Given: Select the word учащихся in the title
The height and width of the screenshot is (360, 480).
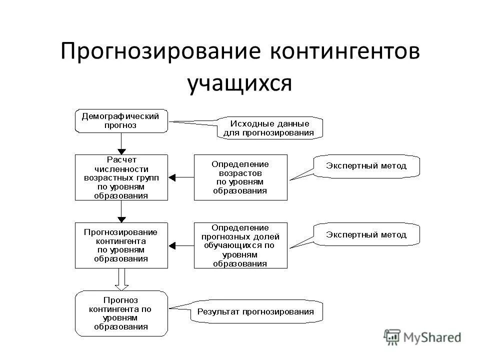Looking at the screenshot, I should pyautogui.click(x=239, y=82).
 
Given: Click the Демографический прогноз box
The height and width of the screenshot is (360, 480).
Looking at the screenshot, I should pyautogui.click(x=121, y=121).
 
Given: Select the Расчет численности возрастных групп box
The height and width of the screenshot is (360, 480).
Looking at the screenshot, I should pyautogui.click(x=121, y=177).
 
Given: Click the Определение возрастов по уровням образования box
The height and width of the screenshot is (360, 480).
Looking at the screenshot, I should pyautogui.click(x=240, y=177).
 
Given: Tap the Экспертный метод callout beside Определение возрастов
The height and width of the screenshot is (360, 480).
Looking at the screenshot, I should pyautogui.click(x=366, y=165).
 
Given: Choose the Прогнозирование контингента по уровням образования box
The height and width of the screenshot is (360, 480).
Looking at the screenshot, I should pyautogui.click(x=121, y=245).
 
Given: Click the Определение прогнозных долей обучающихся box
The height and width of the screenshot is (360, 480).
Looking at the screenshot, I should pyautogui.click(x=240, y=245).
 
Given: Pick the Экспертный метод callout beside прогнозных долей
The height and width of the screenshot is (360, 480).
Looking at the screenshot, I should pyautogui.click(x=366, y=234).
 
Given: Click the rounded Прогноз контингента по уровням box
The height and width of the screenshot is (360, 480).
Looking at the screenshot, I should pyautogui.click(x=121, y=313).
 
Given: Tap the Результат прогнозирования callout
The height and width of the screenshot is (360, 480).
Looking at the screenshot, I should pyautogui.click(x=256, y=311).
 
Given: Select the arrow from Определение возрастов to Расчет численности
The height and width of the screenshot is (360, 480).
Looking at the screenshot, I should pyautogui.click(x=180, y=177).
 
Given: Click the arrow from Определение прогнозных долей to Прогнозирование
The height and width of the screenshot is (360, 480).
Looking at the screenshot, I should pyautogui.click(x=180, y=245).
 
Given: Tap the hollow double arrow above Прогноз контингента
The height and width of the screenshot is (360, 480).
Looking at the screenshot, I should pyautogui.click(x=121, y=279).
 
